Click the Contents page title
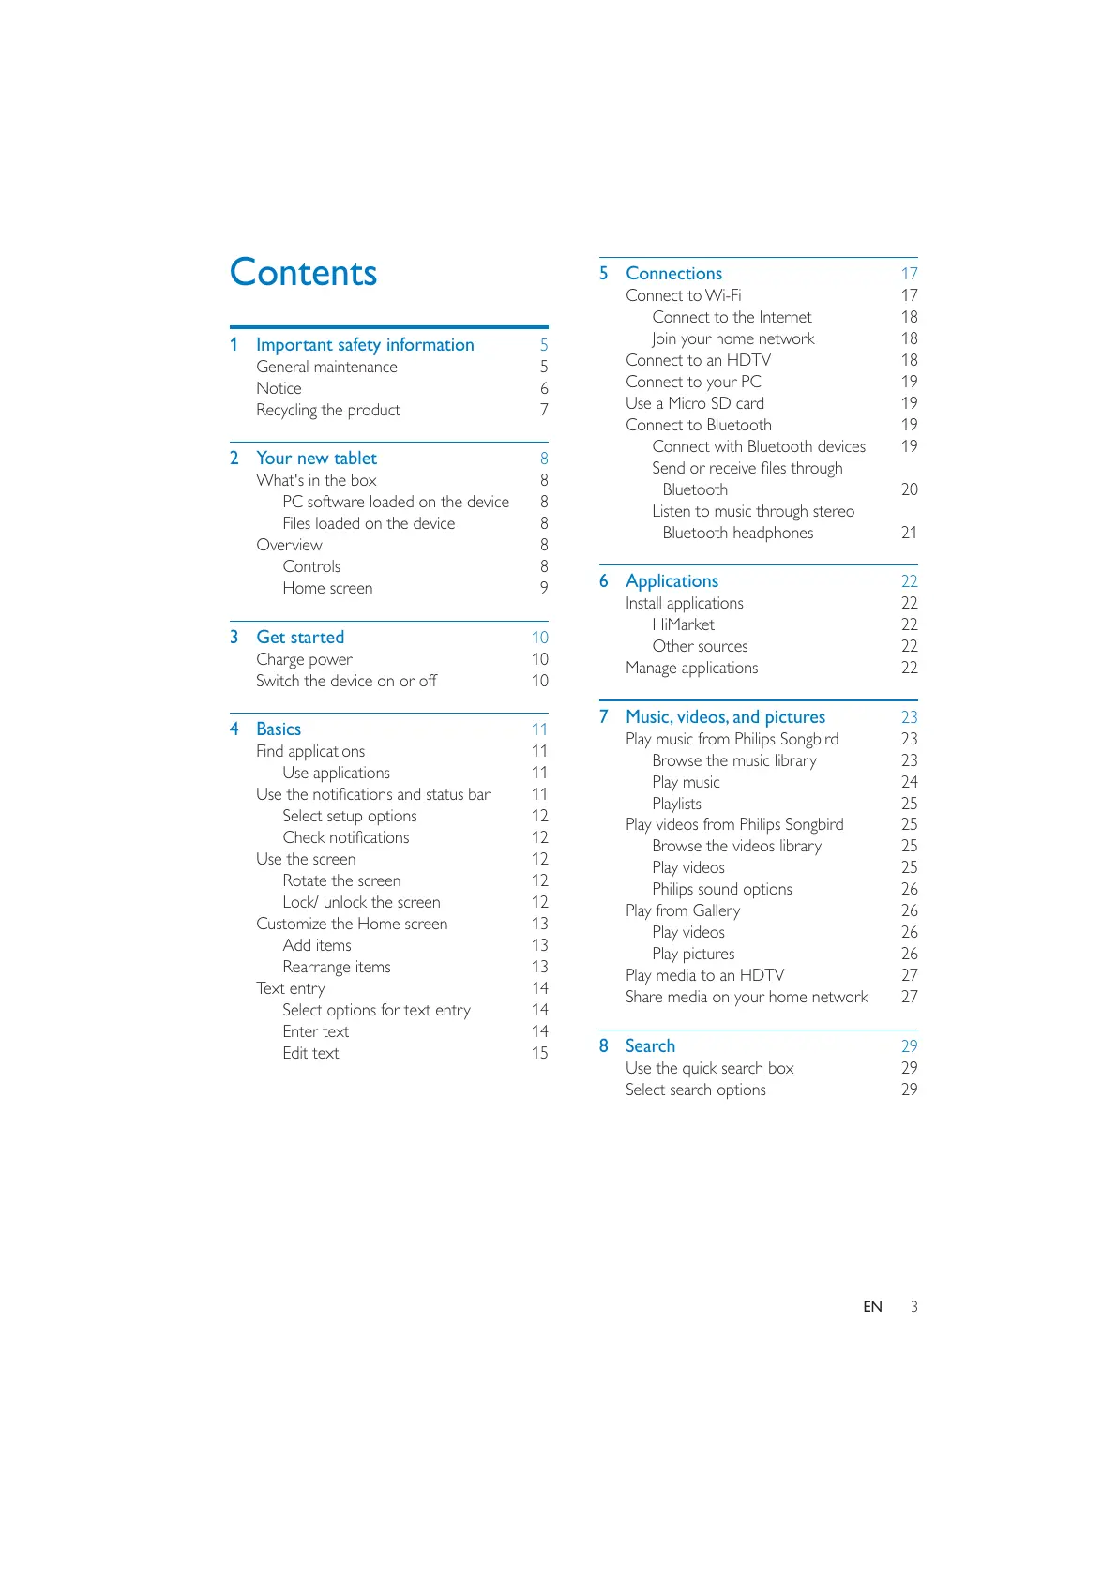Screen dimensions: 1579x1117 click(303, 273)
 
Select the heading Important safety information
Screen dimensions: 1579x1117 click(365, 345)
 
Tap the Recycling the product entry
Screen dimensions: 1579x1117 click(327, 410)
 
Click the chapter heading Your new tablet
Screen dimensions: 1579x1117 click(316, 459)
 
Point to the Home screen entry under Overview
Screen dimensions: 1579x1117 click(327, 588)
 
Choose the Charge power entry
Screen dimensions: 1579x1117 click(304, 659)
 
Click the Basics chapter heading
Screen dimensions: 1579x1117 click(279, 729)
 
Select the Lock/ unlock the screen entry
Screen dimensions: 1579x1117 click(361, 902)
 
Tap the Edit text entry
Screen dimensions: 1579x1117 click(310, 1053)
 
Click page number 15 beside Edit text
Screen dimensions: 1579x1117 click(539, 1053)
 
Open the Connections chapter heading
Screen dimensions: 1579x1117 click(673, 274)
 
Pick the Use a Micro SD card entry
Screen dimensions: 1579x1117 click(695, 403)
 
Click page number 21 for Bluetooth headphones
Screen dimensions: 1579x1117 click(909, 533)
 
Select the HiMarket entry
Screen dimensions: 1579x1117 click(683, 624)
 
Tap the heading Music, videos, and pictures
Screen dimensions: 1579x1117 click(725, 717)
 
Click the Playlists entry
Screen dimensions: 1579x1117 click(676, 804)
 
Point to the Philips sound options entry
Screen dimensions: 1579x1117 click(722, 889)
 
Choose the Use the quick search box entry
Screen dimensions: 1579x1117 click(709, 1068)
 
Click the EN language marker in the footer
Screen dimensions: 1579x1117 click(872, 1307)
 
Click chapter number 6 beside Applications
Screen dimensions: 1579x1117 click(604, 581)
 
